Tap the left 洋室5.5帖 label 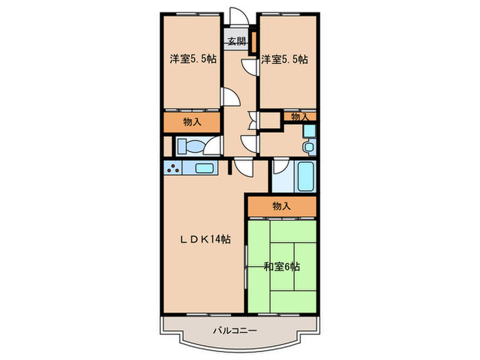point(193,60)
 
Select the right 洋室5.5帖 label point(284,60)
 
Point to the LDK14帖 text point(205,239)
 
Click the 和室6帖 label point(282,266)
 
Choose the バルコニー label point(234,331)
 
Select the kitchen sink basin point(204,168)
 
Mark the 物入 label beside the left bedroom point(193,122)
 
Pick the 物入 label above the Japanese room point(281,206)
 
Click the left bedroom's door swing point(231,98)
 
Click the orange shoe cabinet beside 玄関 point(254,42)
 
